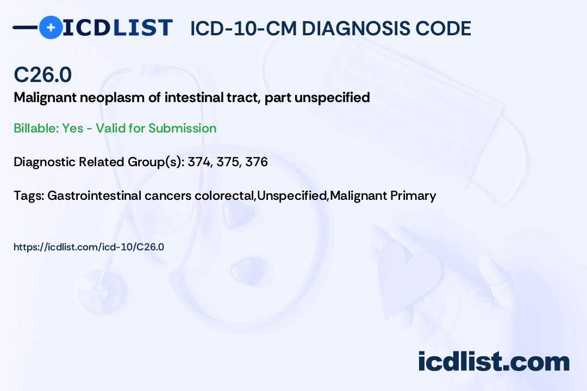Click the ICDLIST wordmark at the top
118,27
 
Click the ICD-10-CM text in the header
243,28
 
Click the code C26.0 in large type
42,75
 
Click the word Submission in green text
182,129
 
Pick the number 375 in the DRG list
227,162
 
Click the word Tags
28,195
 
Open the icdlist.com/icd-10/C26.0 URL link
89,247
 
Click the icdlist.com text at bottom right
494,361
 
